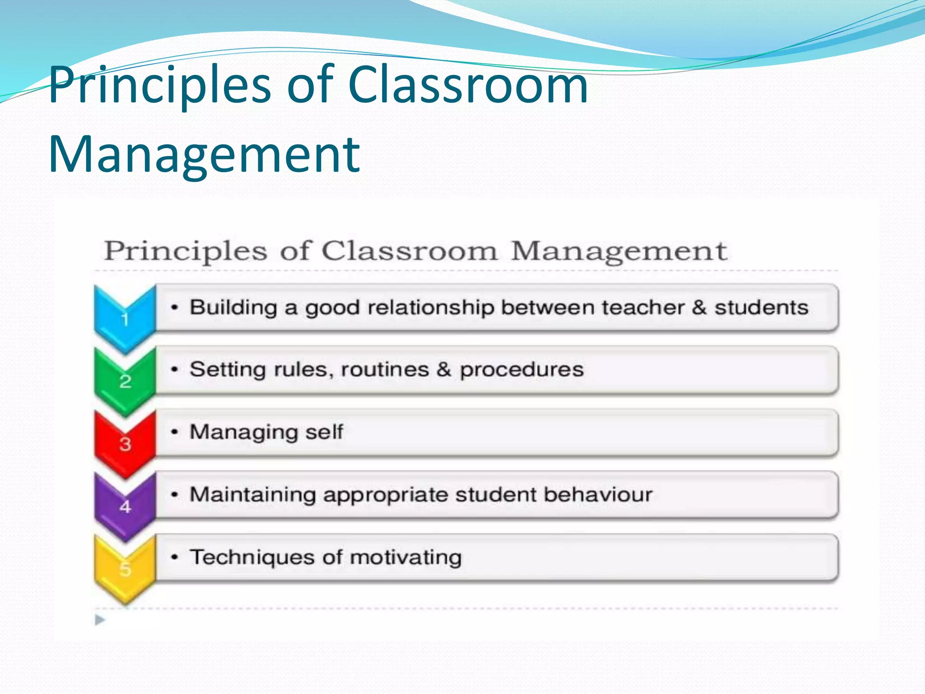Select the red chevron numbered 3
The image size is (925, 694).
click(125, 443)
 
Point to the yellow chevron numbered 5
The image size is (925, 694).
click(125, 568)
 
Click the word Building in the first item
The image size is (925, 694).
click(233, 308)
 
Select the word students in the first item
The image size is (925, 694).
click(761, 308)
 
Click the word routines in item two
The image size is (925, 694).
click(384, 370)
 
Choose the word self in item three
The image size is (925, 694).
click(324, 432)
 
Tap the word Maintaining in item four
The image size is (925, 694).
click(252, 494)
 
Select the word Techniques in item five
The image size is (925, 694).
click(252, 558)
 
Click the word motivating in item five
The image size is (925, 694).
click(406, 558)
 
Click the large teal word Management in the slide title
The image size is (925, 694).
click(204, 155)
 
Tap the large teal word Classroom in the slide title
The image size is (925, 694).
click(468, 84)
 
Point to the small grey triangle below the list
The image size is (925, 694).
click(100, 620)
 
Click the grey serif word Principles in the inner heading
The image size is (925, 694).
click(186, 252)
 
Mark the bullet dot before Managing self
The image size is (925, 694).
click(174, 432)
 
